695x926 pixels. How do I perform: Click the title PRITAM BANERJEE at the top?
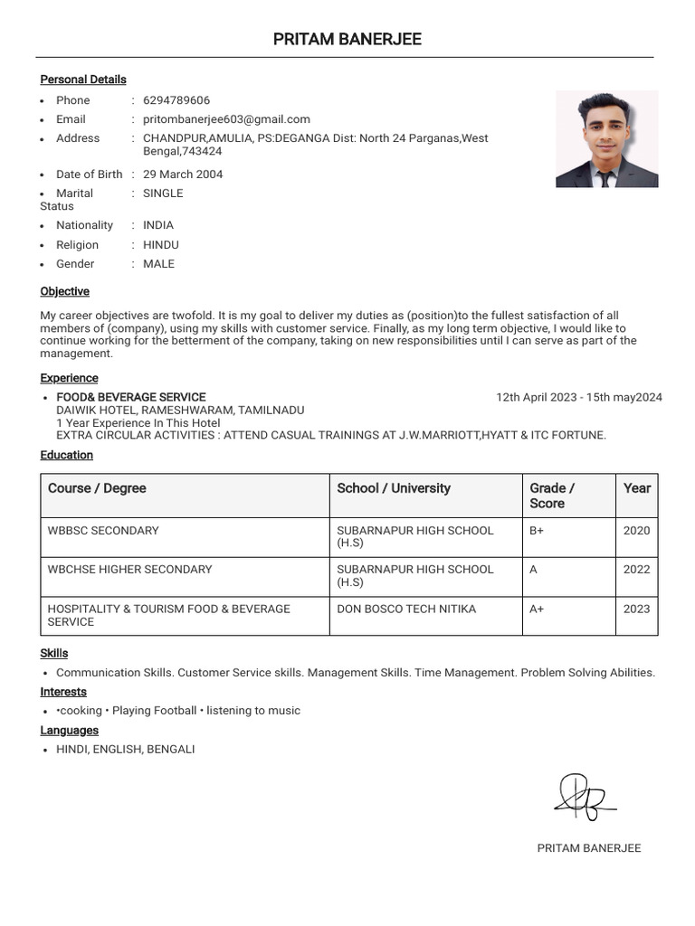(x=347, y=39)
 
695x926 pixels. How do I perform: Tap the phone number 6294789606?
(x=176, y=100)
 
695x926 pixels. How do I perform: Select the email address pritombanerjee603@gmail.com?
(x=226, y=119)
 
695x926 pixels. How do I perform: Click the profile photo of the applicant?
(x=606, y=138)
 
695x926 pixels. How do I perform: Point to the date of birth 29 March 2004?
(x=183, y=175)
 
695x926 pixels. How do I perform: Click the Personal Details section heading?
(x=83, y=80)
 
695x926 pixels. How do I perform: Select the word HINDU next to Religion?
(x=161, y=245)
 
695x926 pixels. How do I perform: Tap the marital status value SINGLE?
(x=163, y=194)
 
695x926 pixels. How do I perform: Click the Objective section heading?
(x=64, y=291)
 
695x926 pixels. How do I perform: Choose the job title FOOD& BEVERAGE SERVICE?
(x=131, y=397)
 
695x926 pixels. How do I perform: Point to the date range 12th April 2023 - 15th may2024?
(x=578, y=397)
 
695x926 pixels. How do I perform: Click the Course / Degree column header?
(x=97, y=488)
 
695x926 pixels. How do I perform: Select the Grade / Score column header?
(x=552, y=496)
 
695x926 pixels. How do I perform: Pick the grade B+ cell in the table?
(x=537, y=531)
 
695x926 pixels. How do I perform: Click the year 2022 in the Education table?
(x=636, y=570)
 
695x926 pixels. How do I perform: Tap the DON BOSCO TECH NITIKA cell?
(x=406, y=609)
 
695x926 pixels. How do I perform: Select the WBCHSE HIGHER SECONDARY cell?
(x=129, y=570)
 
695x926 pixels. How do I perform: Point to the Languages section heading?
(x=69, y=731)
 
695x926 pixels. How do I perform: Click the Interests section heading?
(x=63, y=692)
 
